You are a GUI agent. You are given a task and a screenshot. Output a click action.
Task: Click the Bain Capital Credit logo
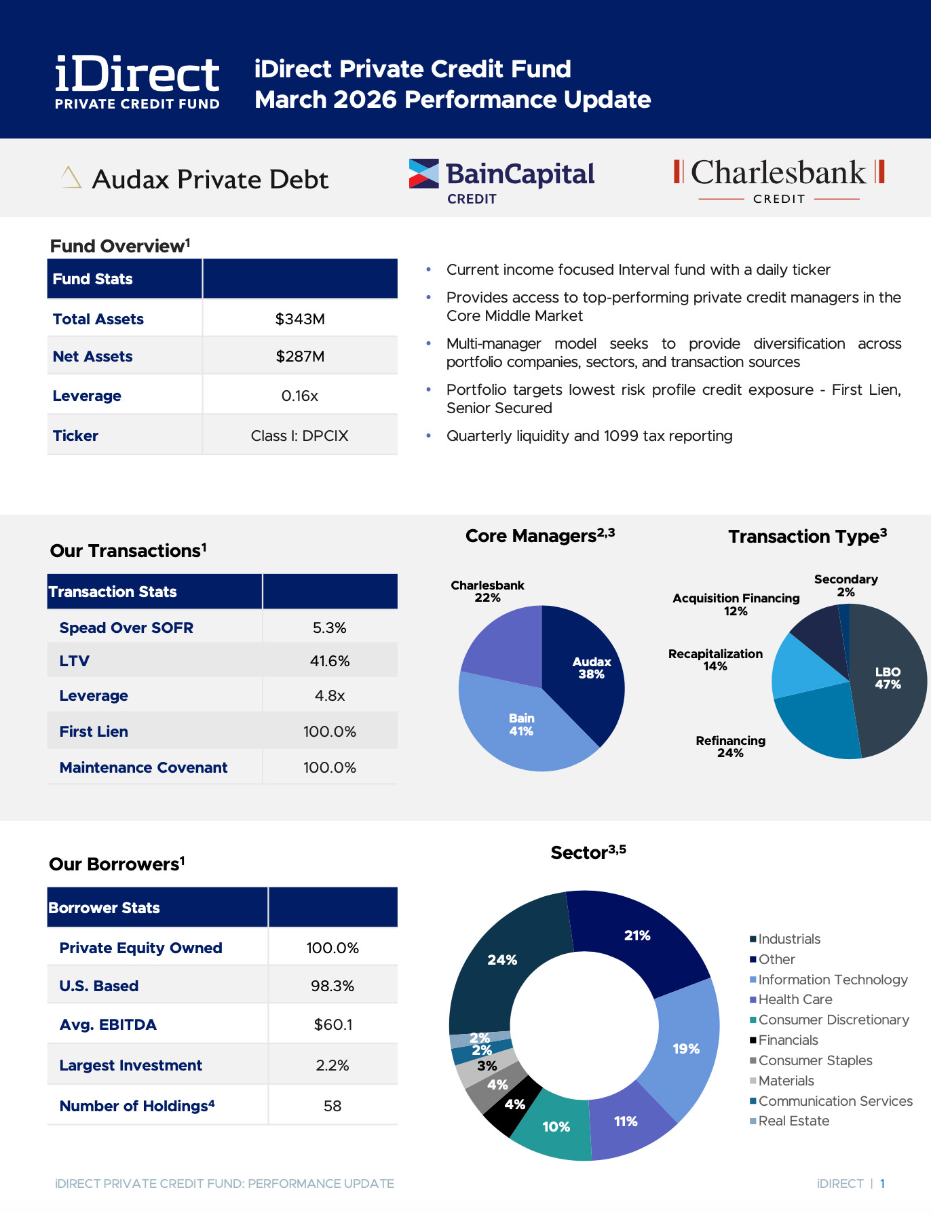[501, 180]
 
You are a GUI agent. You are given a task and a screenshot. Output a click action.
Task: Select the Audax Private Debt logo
[195, 179]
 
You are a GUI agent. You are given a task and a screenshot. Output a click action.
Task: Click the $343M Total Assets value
[300, 319]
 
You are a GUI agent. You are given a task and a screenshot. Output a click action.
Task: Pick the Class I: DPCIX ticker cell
[300, 436]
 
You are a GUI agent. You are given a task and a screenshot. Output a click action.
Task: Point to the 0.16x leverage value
[300, 396]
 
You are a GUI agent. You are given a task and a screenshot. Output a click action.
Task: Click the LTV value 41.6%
[330, 661]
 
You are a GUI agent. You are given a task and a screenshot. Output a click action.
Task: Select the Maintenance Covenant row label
[143, 767]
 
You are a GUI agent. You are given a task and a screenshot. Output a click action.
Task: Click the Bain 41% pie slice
[521, 725]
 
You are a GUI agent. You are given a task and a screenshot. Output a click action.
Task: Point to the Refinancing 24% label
[730, 746]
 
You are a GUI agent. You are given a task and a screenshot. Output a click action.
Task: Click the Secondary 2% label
[845, 585]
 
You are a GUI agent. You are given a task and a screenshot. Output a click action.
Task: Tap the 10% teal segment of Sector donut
[556, 1127]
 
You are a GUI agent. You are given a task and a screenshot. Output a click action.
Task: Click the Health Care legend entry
[795, 999]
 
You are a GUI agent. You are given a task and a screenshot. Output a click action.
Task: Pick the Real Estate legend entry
[793, 1121]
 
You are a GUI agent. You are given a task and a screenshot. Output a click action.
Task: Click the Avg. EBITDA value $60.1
[332, 1024]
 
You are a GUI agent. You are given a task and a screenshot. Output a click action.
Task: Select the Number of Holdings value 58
[332, 1106]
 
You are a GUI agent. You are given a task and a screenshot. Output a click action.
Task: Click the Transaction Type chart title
[807, 537]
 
